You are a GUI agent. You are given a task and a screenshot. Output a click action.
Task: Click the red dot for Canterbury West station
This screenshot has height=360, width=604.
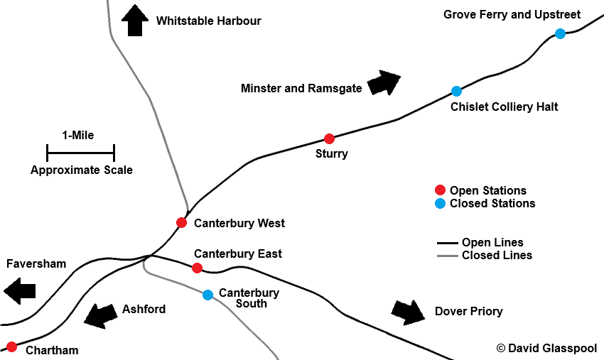coord(181,223)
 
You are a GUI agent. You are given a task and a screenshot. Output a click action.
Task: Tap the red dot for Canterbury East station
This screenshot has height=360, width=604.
coord(197,268)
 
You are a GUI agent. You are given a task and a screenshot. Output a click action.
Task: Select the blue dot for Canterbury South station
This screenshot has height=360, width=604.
coord(207,295)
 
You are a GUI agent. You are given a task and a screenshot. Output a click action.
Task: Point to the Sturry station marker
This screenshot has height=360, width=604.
coord(329,138)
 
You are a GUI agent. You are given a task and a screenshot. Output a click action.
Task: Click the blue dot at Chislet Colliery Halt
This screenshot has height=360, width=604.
coord(456,91)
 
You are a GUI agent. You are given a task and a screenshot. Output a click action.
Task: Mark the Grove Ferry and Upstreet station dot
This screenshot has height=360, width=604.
coord(560,33)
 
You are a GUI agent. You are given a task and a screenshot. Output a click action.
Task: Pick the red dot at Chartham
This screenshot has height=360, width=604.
coord(11,347)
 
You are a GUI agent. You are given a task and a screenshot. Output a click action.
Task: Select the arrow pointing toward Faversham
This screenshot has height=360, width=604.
coord(19,290)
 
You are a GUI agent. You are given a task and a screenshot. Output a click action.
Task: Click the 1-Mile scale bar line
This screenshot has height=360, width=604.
coord(80,151)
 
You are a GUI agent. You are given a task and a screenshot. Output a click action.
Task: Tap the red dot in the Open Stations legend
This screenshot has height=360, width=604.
coord(440,190)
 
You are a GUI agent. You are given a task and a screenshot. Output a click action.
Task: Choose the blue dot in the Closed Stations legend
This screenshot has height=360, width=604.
coord(440,203)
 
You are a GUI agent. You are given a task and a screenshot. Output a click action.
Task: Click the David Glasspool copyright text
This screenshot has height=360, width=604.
coord(546,348)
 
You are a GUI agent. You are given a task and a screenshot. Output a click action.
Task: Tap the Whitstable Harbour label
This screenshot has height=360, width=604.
coord(208,21)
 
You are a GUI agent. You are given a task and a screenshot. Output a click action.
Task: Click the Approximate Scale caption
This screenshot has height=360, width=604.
coord(81,170)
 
